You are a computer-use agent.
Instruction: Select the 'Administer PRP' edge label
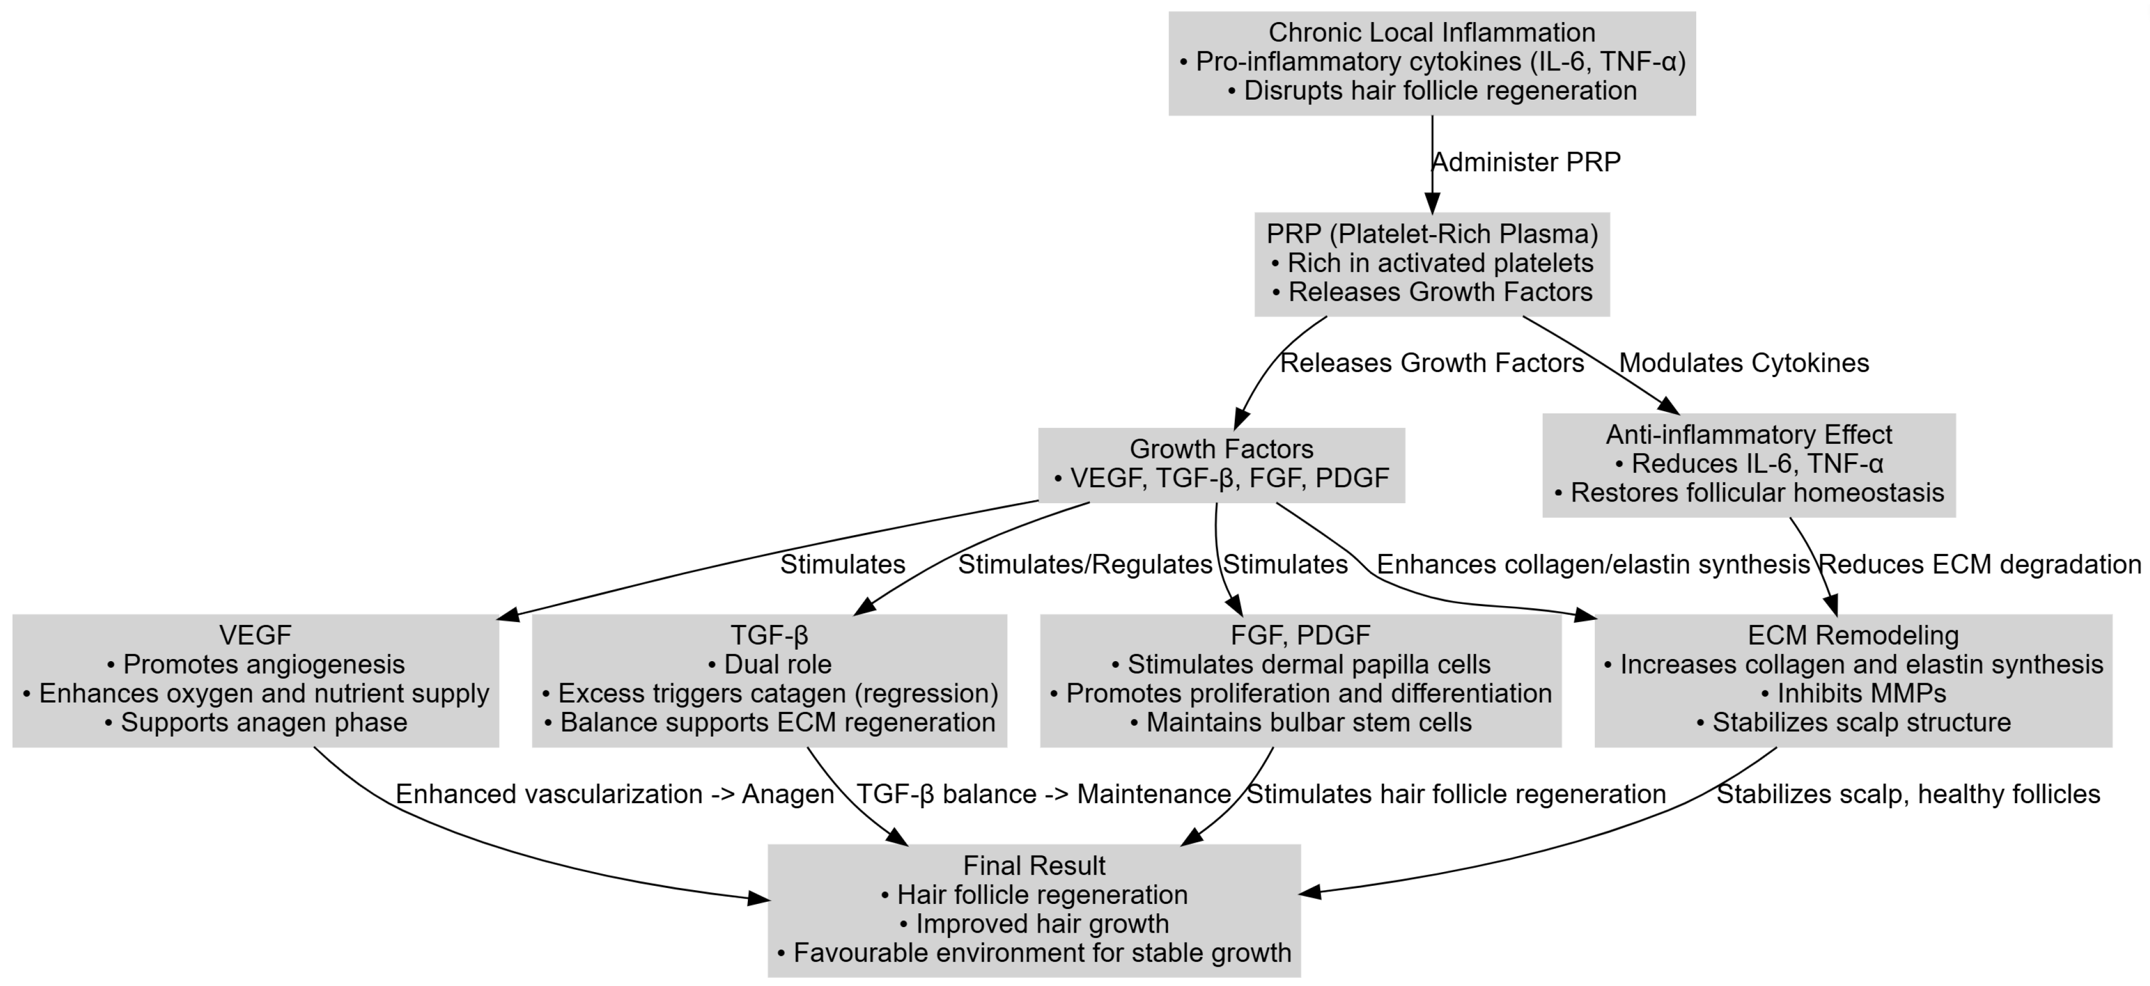pyautogui.click(x=1525, y=162)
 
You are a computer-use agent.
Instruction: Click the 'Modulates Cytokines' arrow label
pyautogui.click(x=1744, y=363)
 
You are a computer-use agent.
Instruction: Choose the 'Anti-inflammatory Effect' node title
pyautogui.click(x=1749, y=434)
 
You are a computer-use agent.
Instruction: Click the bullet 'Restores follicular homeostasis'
pyautogui.click(x=1749, y=492)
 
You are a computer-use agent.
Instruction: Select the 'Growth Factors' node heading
pyautogui.click(x=1221, y=449)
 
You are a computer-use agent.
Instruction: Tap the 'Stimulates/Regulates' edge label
pyautogui.click(x=1084, y=565)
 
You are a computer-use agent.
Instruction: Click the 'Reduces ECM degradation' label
pyautogui.click(x=1980, y=565)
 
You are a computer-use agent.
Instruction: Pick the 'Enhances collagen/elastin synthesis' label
pyautogui.click(x=1593, y=565)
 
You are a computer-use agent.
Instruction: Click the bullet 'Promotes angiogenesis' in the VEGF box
pyautogui.click(x=256, y=664)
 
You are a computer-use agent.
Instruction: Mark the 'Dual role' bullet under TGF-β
pyautogui.click(x=769, y=664)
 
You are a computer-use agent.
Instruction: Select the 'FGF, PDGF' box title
pyautogui.click(x=1300, y=636)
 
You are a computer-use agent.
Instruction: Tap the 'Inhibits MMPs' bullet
pyautogui.click(x=1853, y=693)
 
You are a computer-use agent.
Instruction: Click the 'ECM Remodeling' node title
pyautogui.click(x=1853, y=636)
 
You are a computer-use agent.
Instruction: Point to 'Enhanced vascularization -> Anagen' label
pyautogui.click(x=614, y=794)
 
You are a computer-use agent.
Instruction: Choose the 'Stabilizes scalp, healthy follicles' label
pyautogui.click(x=1908, y=794)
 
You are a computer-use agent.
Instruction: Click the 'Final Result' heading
pyautogui.click(x=1034, y=866)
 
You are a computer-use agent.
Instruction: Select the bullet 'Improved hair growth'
pyautogui.click(x=1034, y=923)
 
